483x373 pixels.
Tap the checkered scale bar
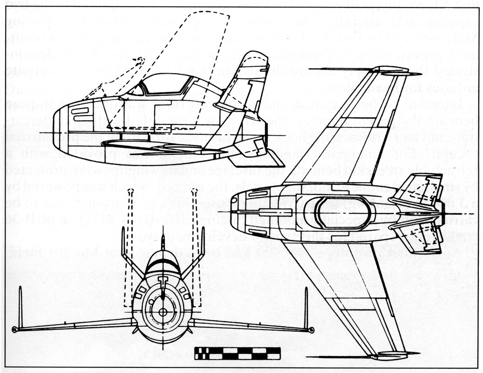pyautogui.click(x=238, y=353)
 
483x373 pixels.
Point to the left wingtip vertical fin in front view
pyautogui.click(x=20, y=308)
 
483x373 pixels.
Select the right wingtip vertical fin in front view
pyautogui.click(x=306, y=308)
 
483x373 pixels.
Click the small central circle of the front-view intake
pyautogui.click(x=163, y=311)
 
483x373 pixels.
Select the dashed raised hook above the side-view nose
pyautogui.click(x=139, y=60)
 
